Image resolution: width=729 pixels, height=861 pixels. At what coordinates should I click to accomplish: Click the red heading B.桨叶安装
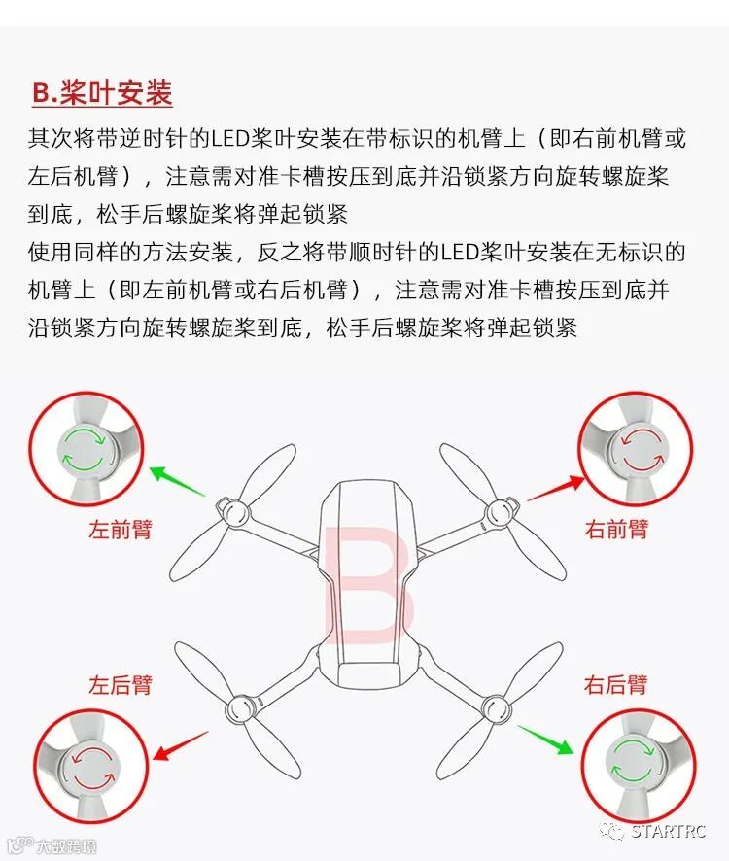click(102, 92)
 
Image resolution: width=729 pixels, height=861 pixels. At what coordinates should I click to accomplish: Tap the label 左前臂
click(121, 530)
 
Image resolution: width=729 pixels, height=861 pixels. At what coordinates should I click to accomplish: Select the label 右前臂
click(616, 530)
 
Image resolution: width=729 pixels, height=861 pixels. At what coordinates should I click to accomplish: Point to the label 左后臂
click(121, 685)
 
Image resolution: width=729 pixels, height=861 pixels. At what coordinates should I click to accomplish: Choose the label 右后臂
click(616, 685)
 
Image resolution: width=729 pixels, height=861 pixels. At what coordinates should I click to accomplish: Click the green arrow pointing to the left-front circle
click(177, 481)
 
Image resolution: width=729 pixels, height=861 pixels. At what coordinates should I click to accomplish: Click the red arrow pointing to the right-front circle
click(556, 488)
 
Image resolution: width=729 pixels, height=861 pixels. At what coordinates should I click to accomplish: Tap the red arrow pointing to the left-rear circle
click(181, 745)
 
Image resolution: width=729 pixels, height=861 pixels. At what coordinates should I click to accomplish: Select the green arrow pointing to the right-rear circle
click(545, 740)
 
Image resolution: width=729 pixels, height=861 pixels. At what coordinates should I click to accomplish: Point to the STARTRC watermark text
click(668, 831)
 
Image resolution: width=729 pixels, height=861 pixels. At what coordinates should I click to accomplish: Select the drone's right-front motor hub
click(500, 513)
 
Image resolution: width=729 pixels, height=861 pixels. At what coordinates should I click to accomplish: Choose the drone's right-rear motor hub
click(496, 707)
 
